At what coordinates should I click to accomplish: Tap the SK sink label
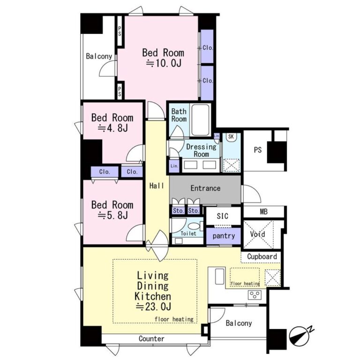pyautogui.click(x=231, y=136)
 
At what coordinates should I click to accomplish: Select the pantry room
pyautogui.click(x=224, y=236)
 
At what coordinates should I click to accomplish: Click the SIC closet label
pyautogui.click(x=223, y=216)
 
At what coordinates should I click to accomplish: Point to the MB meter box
pyautogui.click(x=263, y=211)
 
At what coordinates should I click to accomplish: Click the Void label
pyautogui.click(x=257, y=234)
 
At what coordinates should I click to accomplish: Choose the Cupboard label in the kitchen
pyautogui.click(x=262, y=256)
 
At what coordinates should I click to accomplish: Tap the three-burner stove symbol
pyautogui.click(x=255, y=294)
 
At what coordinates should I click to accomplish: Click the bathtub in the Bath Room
pyautogui.click(x=201, y=120)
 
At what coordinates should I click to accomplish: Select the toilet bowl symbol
pyautogui.click(x=195, y=226)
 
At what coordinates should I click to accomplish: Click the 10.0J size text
pyautogui.click(x=164, y=63)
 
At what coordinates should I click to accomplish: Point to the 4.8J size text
pyautogui.click(x=112, y=128)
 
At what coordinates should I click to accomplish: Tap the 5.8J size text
pyautogui.click(x=112, y=215)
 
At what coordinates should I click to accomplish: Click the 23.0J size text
pyautogui.click(x=154, y=306)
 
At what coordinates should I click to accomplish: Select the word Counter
pyautogui.click(x=151, y=338)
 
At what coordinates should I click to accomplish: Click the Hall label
pyautogui.click(x=157, y=186)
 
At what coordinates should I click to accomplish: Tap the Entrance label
pyautogui.click(x=205, y=188)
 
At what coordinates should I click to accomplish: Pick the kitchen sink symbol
pyautogui.click(x=220, y=277)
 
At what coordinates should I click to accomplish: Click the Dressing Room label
pyautogui.click(x=202, y=150)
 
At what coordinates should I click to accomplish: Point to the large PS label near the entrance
pyautogui.click(x=258, y=150)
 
